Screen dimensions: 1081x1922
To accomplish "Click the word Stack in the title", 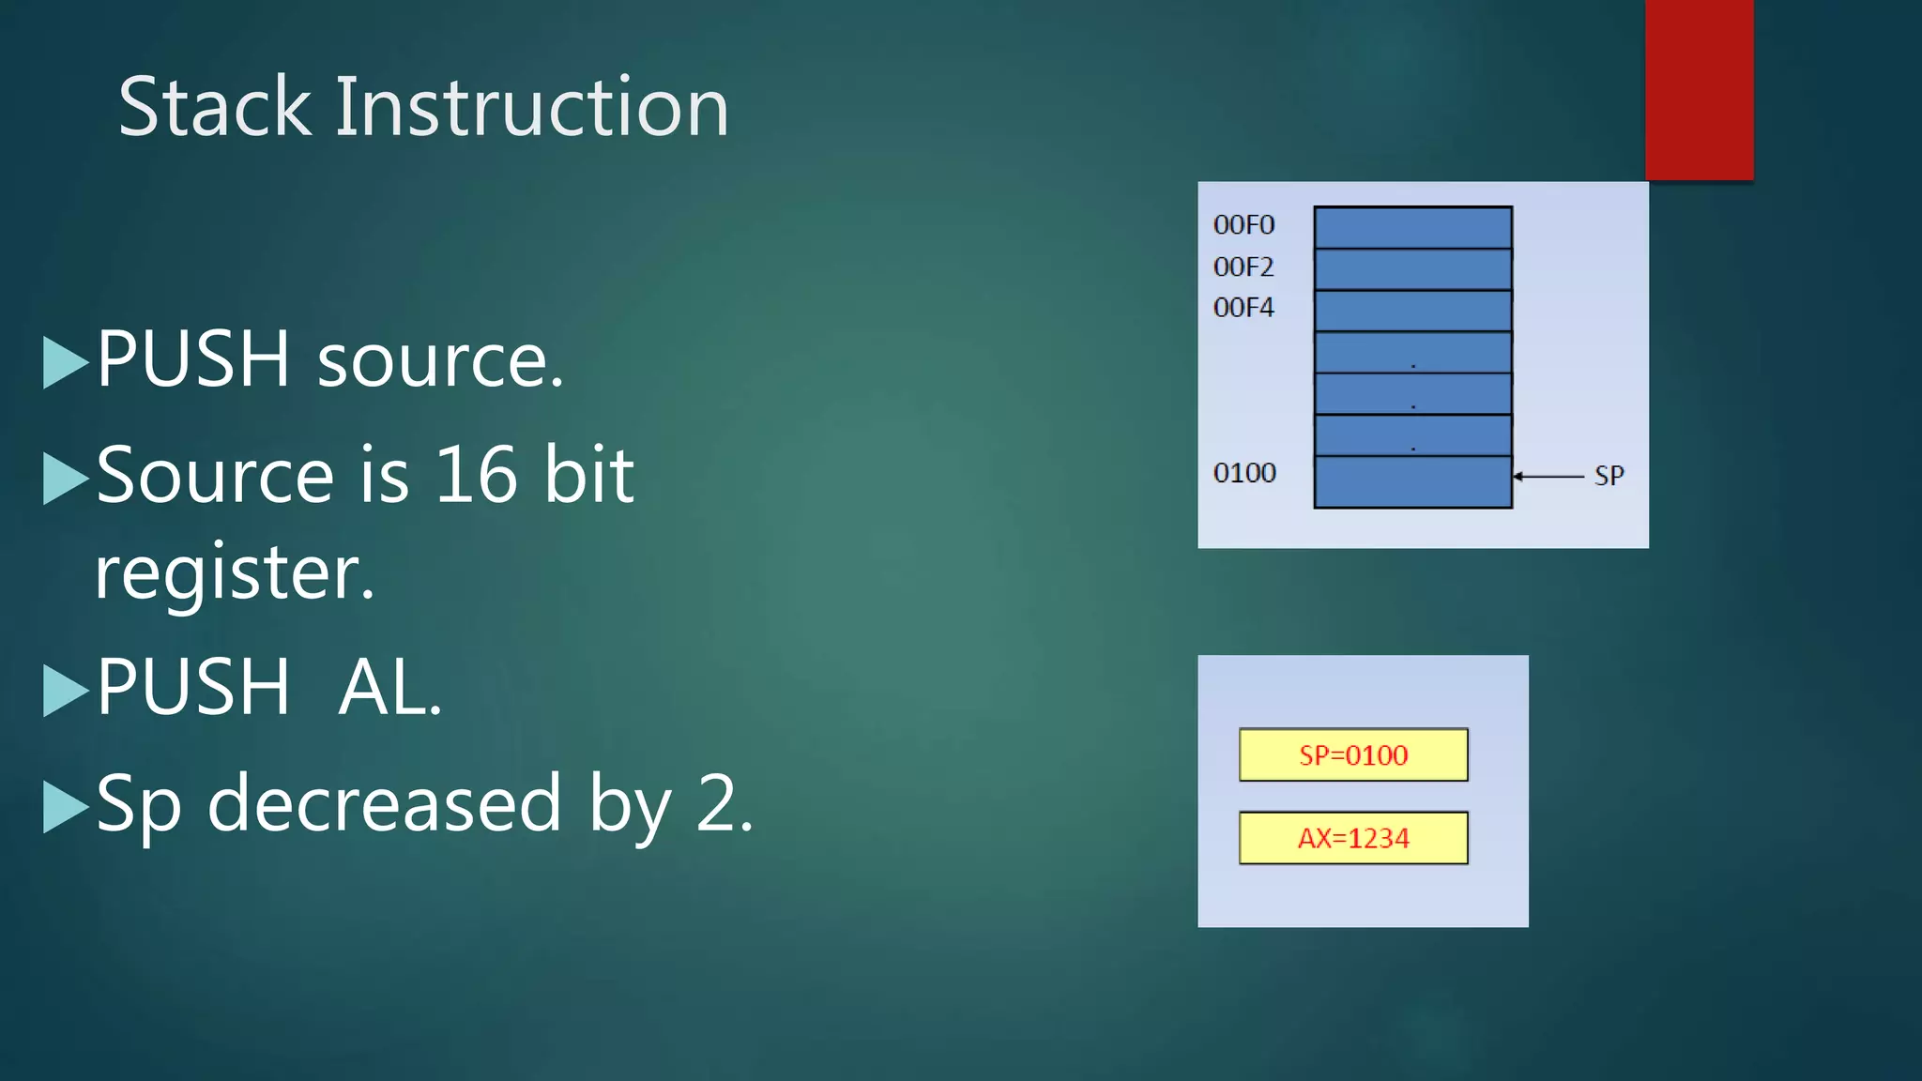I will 214,107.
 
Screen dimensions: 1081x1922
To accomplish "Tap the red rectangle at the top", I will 1699,89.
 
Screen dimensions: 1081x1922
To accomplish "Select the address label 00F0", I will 1243,225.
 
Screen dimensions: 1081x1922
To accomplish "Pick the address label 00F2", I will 1243,267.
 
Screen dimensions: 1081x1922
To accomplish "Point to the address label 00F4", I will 1243,308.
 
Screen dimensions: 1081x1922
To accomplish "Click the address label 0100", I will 1244,473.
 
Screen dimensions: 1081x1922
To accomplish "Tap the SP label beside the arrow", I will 1609,476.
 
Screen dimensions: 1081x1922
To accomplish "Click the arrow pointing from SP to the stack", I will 1548,477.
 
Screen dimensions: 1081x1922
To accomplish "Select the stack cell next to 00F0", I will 1412,227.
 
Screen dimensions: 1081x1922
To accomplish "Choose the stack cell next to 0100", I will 1412,481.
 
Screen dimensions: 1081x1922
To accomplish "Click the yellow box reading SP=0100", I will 1353,754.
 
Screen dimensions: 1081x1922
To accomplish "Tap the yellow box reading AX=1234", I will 1353,837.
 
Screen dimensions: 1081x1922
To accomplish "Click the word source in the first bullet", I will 440,361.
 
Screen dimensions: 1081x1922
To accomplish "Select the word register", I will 235,572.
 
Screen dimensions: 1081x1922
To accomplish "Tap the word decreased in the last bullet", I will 383,803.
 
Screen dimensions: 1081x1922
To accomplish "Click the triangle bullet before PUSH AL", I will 65,690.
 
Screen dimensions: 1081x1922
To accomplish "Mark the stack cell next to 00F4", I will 1412,311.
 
